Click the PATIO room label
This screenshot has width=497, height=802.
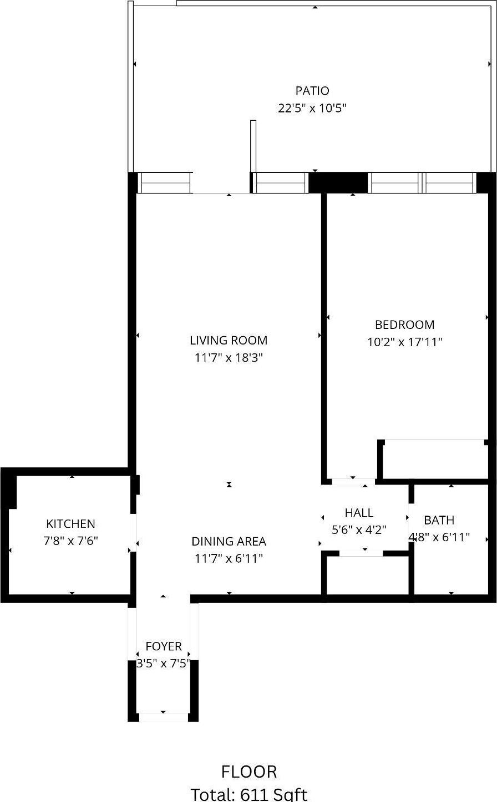tap(312, 91)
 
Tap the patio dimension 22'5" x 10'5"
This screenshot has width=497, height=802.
tap(312, 108)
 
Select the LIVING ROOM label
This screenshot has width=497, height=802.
tap(229, 341)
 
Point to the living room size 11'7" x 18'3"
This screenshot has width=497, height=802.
tap(229, 358)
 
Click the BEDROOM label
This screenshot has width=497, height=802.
tap(404, 325)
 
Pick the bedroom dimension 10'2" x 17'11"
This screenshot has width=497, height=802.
tap(404, 342)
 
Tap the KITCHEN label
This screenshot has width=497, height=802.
tap(70, 524)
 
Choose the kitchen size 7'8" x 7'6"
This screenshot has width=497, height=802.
tap(70, 541)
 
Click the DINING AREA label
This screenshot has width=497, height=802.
tap(229, 541)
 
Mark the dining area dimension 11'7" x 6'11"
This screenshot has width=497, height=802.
tap(229, 558)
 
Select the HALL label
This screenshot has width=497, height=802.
tap(359, 513)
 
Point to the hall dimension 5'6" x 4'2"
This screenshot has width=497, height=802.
tap(359, 529)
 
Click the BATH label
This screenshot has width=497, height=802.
tap(439, 520)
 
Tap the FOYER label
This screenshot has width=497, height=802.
tap(164, 646)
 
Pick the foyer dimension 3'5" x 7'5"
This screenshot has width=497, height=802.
tap(164, 664)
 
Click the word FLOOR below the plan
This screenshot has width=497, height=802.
tap(249, 772)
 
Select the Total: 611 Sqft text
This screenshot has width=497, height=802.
tap(249, 794)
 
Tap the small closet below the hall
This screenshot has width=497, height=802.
tap(367, 575)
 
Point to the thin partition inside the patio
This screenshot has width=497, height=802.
tap(253, 146)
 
